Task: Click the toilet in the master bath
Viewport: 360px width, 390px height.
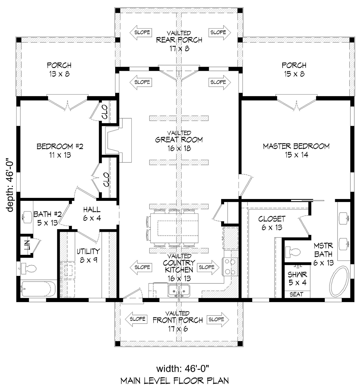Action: pos(293,252)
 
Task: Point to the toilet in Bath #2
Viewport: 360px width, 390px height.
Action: pos(29,268)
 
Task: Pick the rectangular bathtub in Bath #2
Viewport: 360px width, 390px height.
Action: pos(38,289)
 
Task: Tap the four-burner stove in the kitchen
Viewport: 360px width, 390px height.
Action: pos(229,267)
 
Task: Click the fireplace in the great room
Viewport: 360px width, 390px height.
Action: pos(118,140)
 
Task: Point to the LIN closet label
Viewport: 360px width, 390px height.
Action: pos(27,245)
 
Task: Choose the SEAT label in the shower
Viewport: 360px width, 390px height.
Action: pos(296,294)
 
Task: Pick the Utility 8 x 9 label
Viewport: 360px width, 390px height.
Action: pos(88,255)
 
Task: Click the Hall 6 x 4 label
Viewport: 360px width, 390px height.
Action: pos(92,214)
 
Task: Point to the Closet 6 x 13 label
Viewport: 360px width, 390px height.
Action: pos(272,223)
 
